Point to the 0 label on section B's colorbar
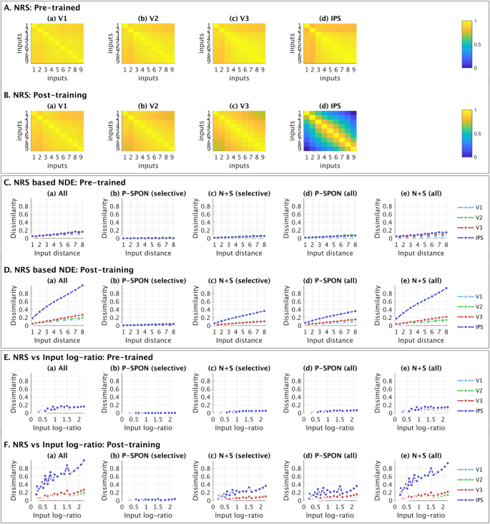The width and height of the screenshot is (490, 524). coord(475,155)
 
